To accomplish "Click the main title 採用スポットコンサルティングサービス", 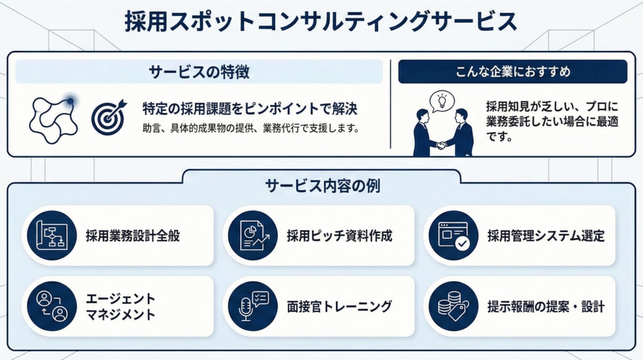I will click(x=321, y=21).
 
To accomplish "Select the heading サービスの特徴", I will click(x=199, y=72).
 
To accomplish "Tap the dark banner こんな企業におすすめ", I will click(x=512, y=72).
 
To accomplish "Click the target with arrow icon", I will click(x=109, y=115).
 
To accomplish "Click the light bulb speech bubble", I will click(x=441, y=101).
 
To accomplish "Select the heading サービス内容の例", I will click(x=322, y=186).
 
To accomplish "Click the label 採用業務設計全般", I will click(x=133, y=236).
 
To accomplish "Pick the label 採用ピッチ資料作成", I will click(x=339, y=236).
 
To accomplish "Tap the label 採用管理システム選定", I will click(x=546, y=236).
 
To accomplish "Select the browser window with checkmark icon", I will click(x=453, y=236).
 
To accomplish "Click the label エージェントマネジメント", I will click(x=120, y=307).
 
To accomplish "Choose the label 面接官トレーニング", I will click(x=339, y=307).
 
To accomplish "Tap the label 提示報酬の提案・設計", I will click(x=546, y=307).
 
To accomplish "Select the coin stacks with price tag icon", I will click(x=453, y=306).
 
